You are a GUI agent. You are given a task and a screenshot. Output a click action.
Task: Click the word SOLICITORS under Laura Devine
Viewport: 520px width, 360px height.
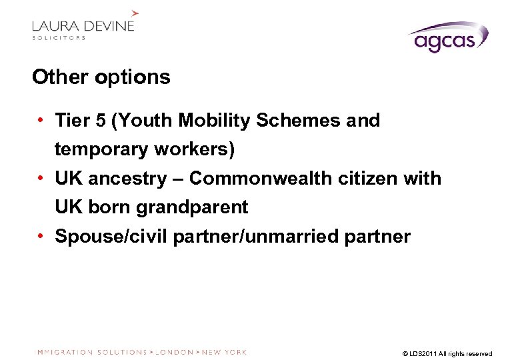coord(59,38)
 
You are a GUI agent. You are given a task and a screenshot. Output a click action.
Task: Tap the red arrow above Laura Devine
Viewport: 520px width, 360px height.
coord(135,12)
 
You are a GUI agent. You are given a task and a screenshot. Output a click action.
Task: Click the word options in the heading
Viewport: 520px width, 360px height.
coord(133,78)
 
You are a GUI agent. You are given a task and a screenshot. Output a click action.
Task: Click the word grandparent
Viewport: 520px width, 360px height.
coord(192,207)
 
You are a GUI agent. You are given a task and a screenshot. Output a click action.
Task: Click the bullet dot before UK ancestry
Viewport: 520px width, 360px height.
coord(42,179)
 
